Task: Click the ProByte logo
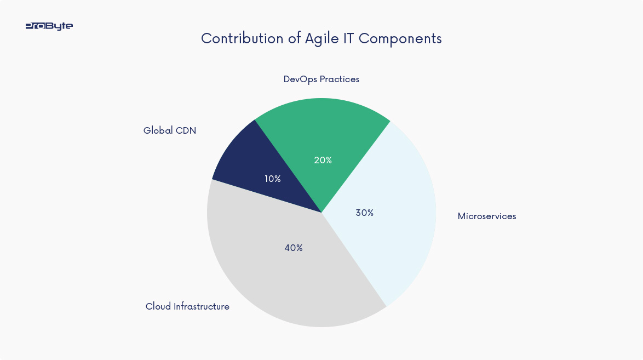(x=49, y=26)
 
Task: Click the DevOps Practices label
(x=321, y=79)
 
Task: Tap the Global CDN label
(x=170, y=130)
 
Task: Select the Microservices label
(x=487, y=216)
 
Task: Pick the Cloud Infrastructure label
(x=187, y=306)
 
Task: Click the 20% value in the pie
(x=323, y=160)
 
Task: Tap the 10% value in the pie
(x=273, y=179)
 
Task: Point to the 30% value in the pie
(x=365, y=213)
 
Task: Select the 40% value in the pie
(x=294, y=248)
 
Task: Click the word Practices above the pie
(x=340, y=79)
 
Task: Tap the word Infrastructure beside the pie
(x=201, y=306)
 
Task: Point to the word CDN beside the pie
(x=186, y=130)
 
